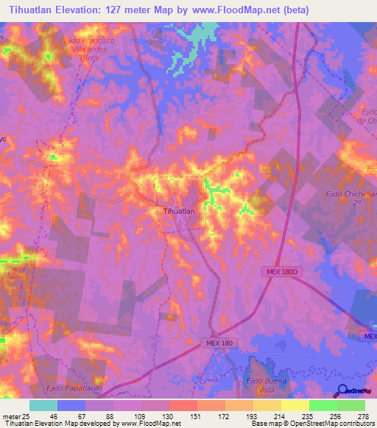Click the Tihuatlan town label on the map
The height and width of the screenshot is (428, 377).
[177, 211]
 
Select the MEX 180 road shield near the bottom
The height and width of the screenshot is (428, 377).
[218, 343]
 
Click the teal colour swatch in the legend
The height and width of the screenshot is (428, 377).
[43, 405]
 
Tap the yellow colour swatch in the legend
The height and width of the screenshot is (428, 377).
[295, 405]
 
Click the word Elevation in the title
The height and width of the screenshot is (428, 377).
[81, 10]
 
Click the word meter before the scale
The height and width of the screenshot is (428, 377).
[10, 415]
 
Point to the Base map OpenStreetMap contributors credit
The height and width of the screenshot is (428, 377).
[312, 424]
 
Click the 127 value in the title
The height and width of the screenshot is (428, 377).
[120, 10]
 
